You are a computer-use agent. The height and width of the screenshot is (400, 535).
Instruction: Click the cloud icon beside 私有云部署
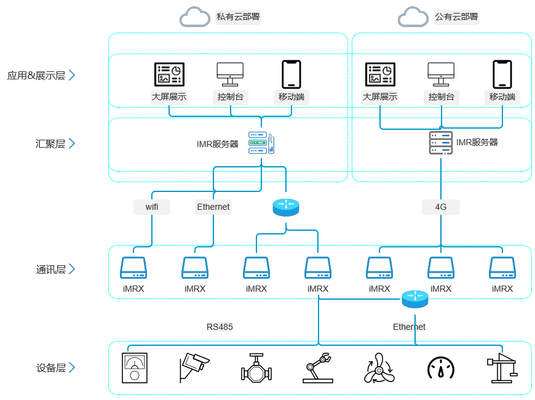pyautogui.click(x=194, y=17)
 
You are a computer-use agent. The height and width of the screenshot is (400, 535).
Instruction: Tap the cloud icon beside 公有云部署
pyautogui.click(x=413, y=17)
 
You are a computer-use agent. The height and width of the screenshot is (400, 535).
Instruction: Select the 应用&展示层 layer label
pyautogui.click(x=36, y=75)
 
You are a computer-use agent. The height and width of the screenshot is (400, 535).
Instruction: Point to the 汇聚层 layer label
pyautogui.click(x=50, y=143)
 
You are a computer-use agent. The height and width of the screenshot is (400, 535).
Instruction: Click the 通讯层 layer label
pyautogui.click(x=50, y=269)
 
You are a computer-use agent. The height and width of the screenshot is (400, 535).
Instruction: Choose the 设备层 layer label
pyautogui.click(x=50, y=367)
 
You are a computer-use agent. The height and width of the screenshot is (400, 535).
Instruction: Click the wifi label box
pyautogui.click(x=152, y=207)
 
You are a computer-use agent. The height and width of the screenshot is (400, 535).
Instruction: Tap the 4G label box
pyautogui.click(x=441, y=207)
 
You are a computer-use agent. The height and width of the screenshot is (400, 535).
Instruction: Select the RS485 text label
pyautogui.click(x=220, y=327)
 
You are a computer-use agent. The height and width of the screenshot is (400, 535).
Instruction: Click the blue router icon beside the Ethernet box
pyautogui.click(x=286, y=207)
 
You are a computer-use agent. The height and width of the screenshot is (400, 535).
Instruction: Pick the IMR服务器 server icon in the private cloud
pyautogui.click(x=261, y=143)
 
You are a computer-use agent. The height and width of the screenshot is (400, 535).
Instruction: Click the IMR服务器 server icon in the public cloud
pyautogui.click(x=441, y=143)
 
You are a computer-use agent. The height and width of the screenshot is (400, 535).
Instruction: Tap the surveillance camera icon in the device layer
pyautogui.click(x=194, y=367)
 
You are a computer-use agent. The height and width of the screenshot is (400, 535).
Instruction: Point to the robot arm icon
pyautogui.click(x=318, y=368)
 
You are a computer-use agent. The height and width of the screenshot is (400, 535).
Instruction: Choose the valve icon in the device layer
pyautogui.click(x=256, y=368)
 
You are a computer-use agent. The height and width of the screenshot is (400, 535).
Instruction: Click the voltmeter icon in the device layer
pyautogui.click(x=134, y=368)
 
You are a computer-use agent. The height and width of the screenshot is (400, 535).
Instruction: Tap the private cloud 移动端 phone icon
pyautogui.click(x=291, y=74)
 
